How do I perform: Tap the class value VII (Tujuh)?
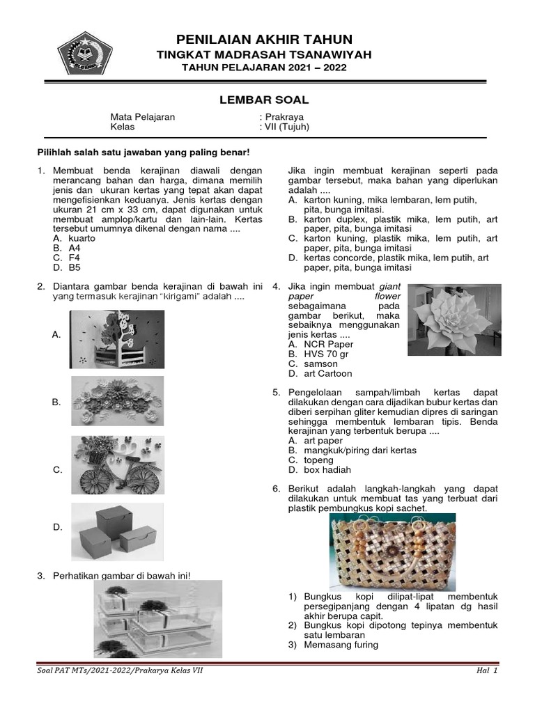(x=286, y=127)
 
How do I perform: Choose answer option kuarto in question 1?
(x=82, y=237)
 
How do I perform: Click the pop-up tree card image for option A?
(x=117, y=338)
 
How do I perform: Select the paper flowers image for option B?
(x=117, y=401)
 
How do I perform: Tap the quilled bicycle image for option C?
(x=117, y=465)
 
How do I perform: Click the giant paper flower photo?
(x=454, y=320)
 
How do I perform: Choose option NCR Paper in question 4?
(x=328, y=344)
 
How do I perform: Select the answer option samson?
(x=320, y=363)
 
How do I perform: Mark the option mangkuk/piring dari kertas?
(x=360, y=450)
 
